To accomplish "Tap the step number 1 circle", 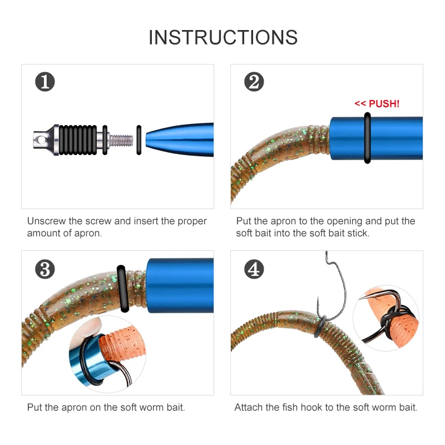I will point(45,82).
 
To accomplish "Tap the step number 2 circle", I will point(254,82).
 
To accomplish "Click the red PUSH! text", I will point(377,103).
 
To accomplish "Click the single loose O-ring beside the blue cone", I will point(139,139).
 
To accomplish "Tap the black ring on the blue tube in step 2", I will point(367,138).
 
